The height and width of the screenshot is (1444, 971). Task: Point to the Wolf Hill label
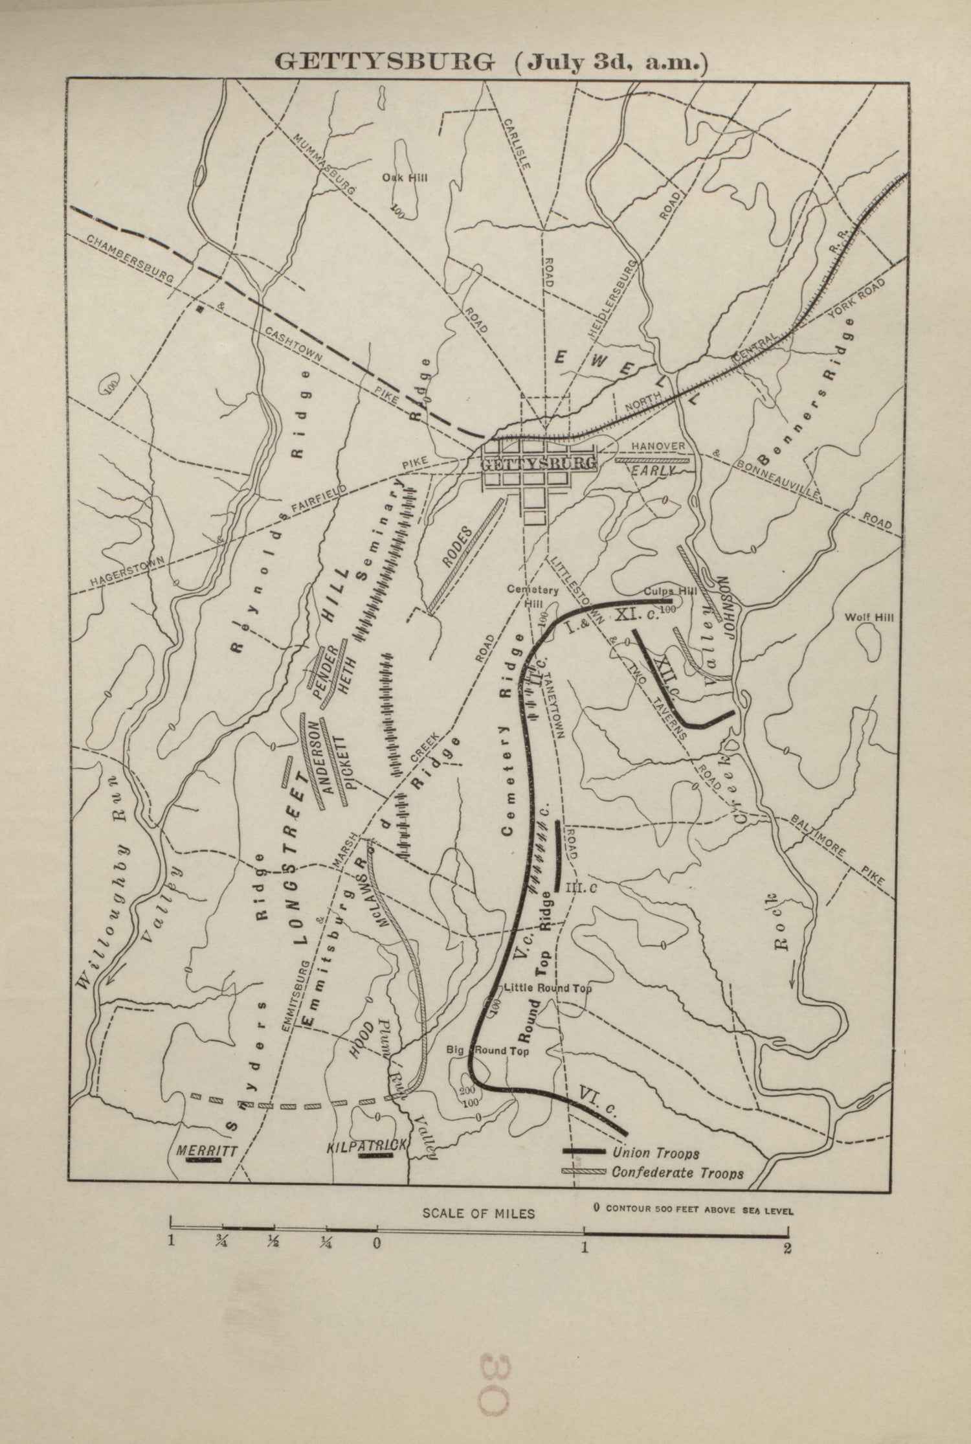pyautogui.click(x=869, y=618)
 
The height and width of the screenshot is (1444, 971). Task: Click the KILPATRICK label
pyautogui.click(x=367, y=1145)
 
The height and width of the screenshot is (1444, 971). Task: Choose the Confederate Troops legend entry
pyautogui.click(x=677, y=1173)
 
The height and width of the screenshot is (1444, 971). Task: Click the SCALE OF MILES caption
pyautogui.click(x=478, y=1213)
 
